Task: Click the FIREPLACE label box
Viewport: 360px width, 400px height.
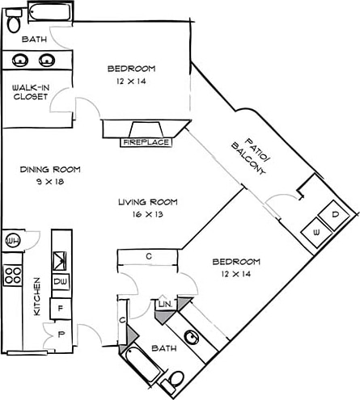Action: pos(146,142)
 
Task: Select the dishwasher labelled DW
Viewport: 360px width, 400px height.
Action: pos(61,281)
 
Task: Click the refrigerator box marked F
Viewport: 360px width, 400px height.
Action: pos(61,309)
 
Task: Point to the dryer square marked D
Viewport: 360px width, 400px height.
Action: pos(334,215)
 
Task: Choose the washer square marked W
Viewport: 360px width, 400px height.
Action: pos(316,232)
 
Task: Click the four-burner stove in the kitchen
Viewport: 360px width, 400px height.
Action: pos(12,276)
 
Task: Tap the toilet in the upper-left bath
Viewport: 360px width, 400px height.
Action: pos(14,20)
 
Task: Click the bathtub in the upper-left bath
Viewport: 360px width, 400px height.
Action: pos(50,11)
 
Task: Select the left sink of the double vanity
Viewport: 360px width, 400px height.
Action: pos(20,61)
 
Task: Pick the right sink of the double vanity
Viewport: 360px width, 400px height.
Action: pos(47,61)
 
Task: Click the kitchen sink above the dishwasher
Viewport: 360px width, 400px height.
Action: pos(60,261)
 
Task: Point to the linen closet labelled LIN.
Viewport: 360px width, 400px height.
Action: pos(165,305)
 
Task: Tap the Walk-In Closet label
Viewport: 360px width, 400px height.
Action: pos(31,92)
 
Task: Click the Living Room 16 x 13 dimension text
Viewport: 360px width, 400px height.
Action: pos(148,214)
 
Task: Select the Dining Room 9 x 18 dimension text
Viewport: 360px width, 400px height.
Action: pos(50,182)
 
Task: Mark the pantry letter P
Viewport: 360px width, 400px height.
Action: pos(61,335)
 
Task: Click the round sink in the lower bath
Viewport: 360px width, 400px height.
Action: pos(192,337)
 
